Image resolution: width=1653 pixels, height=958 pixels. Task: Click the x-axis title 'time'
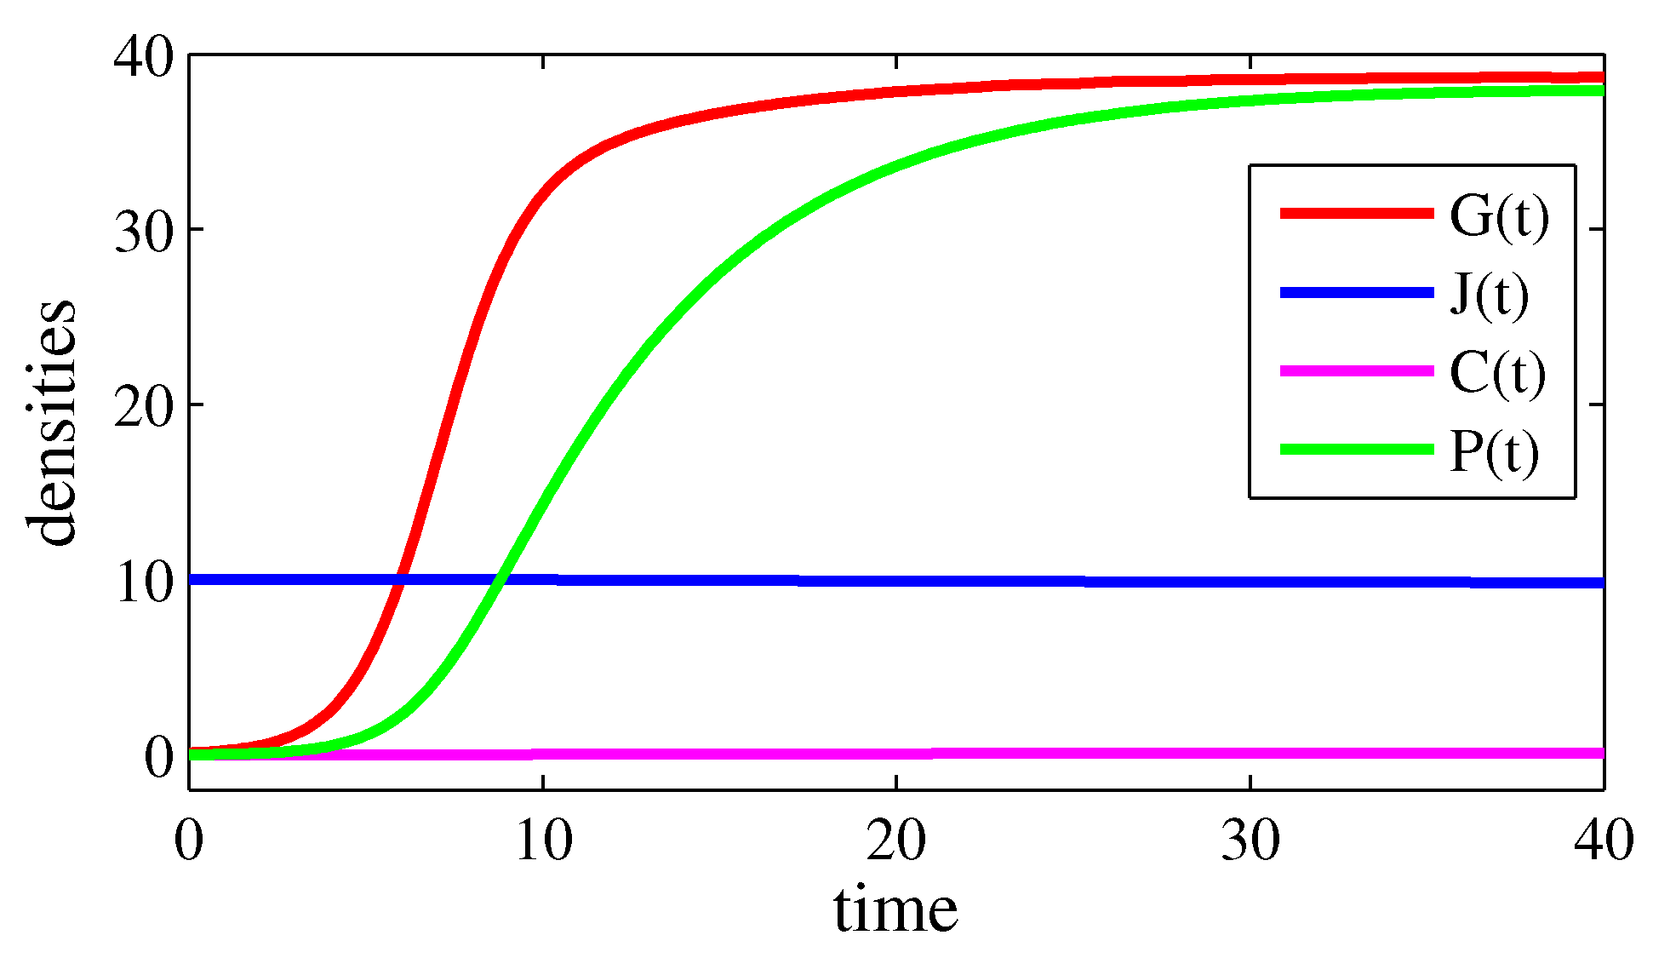tap(895, 909)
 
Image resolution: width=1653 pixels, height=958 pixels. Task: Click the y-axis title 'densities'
tap(51, 422)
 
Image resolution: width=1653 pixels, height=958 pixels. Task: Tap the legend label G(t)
tap(1499, 216)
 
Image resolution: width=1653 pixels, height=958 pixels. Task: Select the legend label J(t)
tap(1489, 295)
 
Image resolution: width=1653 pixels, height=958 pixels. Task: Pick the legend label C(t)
tap(1497, 373)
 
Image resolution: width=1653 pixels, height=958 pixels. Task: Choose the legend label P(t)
tap(1494, 451)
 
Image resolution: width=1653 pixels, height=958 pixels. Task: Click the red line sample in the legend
tap(1357, 213)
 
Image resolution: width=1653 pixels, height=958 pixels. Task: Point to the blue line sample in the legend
tap(1357, 292)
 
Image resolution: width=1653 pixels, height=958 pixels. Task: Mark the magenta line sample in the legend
tap(1357, 370)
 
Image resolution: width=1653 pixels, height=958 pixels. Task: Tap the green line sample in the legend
tap(1357, 449)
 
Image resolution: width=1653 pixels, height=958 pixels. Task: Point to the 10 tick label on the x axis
tap(543, 841)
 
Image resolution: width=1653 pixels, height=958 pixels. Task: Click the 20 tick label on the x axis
tap(896, 841)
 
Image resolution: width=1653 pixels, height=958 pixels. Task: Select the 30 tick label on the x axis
tap(1250, 841)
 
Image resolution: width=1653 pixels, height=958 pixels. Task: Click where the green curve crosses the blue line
tap(500, 580)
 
